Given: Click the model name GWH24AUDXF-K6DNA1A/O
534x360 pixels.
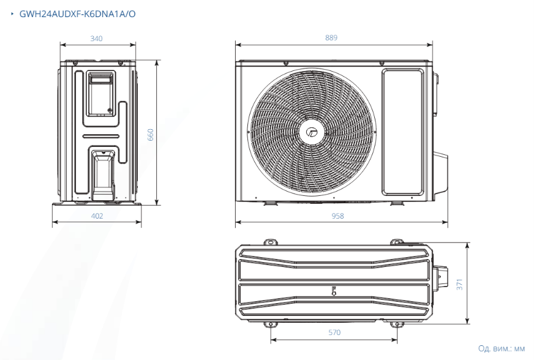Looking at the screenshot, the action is [x=77, y=14].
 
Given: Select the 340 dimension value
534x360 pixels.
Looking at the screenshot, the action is [x=96, y=39].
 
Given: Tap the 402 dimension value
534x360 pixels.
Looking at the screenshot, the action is [x=97, y=216].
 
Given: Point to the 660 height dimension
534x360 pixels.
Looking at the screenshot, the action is [x=151, y=135].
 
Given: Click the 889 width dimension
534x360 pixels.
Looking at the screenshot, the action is [x=331, y=38].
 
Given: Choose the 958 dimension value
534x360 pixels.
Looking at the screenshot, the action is [x=337, y=216].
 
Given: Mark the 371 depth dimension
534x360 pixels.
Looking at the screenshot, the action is [x=460, y=285].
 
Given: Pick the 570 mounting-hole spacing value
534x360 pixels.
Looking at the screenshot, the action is [x=334, y=332].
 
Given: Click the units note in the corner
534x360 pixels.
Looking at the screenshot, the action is [x=502, y=348].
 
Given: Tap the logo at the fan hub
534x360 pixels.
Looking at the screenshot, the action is [x=312, y=132].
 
